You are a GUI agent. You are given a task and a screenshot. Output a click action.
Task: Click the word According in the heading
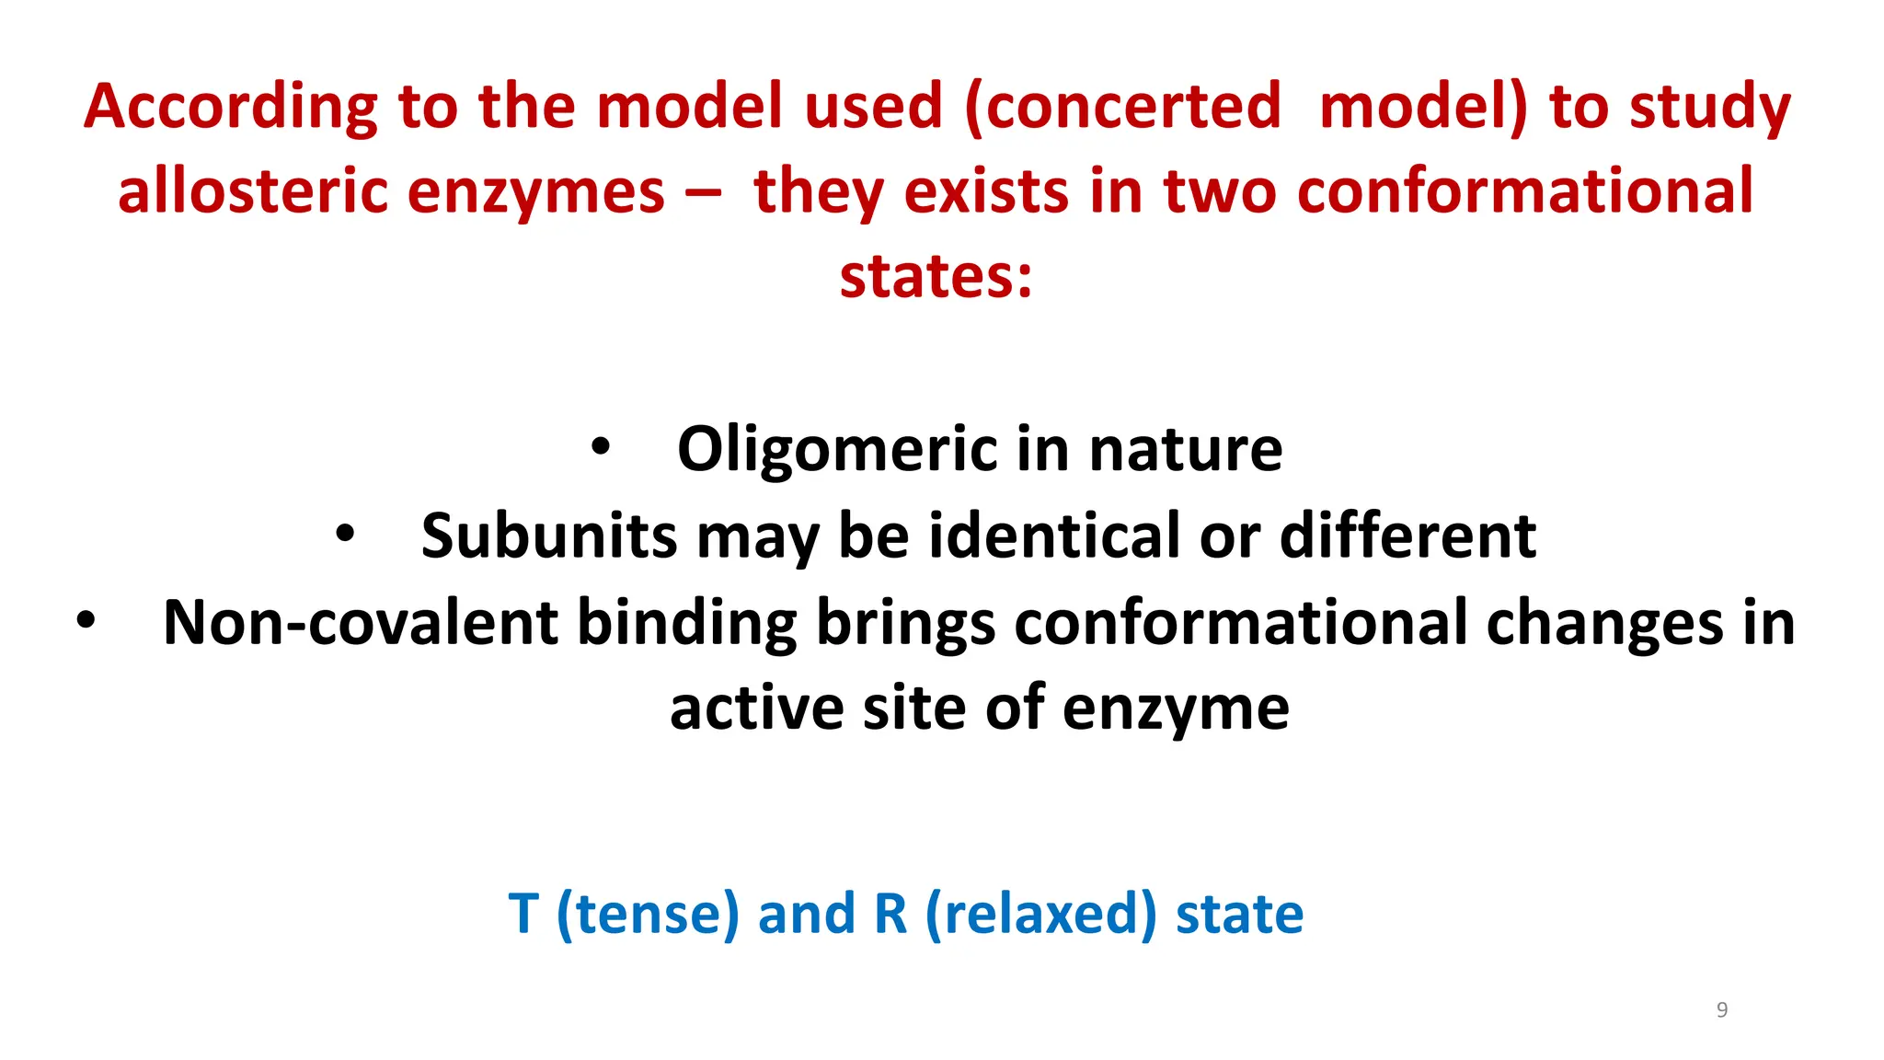[230, 108]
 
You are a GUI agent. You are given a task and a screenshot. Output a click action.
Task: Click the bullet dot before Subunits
[345, 534]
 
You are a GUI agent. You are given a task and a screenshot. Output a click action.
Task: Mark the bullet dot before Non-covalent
[86, 620]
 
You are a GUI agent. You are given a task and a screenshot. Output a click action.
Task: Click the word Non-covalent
[360, 623]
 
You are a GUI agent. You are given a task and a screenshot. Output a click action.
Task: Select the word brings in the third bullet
[905, 625]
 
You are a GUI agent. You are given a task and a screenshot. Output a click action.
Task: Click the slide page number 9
[1722, 1009]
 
